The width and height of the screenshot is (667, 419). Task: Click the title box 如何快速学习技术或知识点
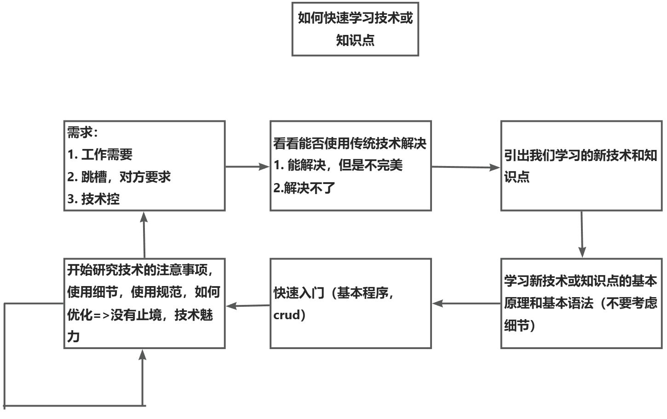(355, 29)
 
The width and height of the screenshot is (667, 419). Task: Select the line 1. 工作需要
(100, 155)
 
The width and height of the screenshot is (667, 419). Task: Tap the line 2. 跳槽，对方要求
(119, 177)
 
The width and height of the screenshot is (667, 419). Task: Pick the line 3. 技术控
(93, 199)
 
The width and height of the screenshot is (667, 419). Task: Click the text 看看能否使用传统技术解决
(350, 143)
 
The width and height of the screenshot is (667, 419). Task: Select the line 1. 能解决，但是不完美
(338, 165)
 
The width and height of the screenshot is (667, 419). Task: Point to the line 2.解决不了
(304, 188)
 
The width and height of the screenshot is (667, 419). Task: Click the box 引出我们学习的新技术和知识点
(581, 166)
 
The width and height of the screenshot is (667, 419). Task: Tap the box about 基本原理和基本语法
(581, 303)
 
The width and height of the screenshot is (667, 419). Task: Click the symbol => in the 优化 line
(102, 315)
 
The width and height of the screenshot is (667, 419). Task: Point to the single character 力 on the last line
(74, 337)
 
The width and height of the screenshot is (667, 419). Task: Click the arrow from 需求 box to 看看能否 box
(247, 166)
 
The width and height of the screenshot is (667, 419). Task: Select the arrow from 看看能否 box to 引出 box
(466, 167)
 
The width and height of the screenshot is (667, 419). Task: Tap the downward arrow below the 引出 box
(582, 235)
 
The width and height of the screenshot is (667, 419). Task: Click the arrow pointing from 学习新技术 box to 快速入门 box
(466, 304)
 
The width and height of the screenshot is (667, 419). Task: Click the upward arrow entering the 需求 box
(144, 235)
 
